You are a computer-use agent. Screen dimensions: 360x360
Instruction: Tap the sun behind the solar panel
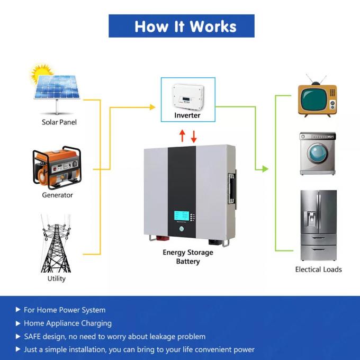pos(40,74)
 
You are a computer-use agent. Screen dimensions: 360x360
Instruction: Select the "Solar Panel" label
pos(59,122)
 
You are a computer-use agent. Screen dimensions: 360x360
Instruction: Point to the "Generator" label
pos(57,195)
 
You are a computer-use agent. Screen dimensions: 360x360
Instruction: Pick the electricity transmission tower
pos(56,244)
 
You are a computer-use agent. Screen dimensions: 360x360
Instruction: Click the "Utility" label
pos(57,278)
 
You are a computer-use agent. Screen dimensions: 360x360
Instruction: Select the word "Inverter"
pos(187,115)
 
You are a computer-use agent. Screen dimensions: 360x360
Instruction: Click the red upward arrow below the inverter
pos(182,136)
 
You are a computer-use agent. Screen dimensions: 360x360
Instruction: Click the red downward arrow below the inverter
pos(194,136)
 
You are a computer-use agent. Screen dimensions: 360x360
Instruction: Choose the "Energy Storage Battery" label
pos(188,257)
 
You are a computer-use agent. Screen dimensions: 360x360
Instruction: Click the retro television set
pos(318,99)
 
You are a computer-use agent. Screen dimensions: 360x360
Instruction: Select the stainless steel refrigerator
pos(318,226)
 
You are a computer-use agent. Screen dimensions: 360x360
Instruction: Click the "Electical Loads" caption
pos(318,269)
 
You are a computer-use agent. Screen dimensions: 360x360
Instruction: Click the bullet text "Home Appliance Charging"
pos(68,323)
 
